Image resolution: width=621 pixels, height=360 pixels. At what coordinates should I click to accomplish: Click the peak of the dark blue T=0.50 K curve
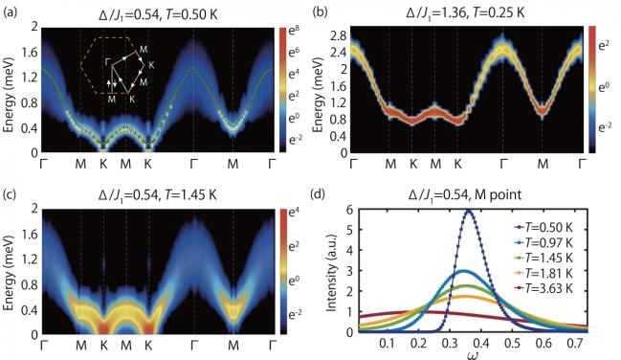click(469, 212)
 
